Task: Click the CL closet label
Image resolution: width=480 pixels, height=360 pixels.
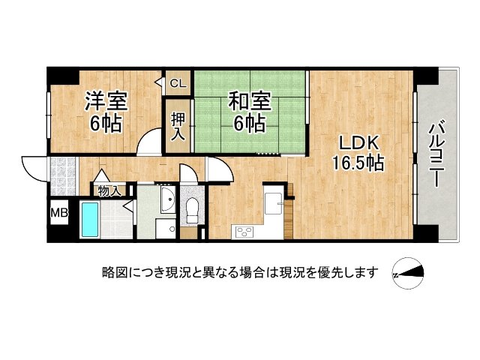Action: tap(178, 83)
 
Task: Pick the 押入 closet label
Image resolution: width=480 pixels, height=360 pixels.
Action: tap(178, 126)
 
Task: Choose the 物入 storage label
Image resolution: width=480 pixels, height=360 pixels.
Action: tap(109, 191)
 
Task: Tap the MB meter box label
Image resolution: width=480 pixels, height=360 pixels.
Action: tap(59, 213)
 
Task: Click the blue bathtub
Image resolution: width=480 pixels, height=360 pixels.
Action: tap(91, 220)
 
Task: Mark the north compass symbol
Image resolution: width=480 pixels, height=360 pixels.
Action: tap(408, 273)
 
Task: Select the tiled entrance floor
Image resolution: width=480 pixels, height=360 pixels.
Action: tap(62, 170)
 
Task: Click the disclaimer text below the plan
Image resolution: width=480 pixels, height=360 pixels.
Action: tap(241, 271)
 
